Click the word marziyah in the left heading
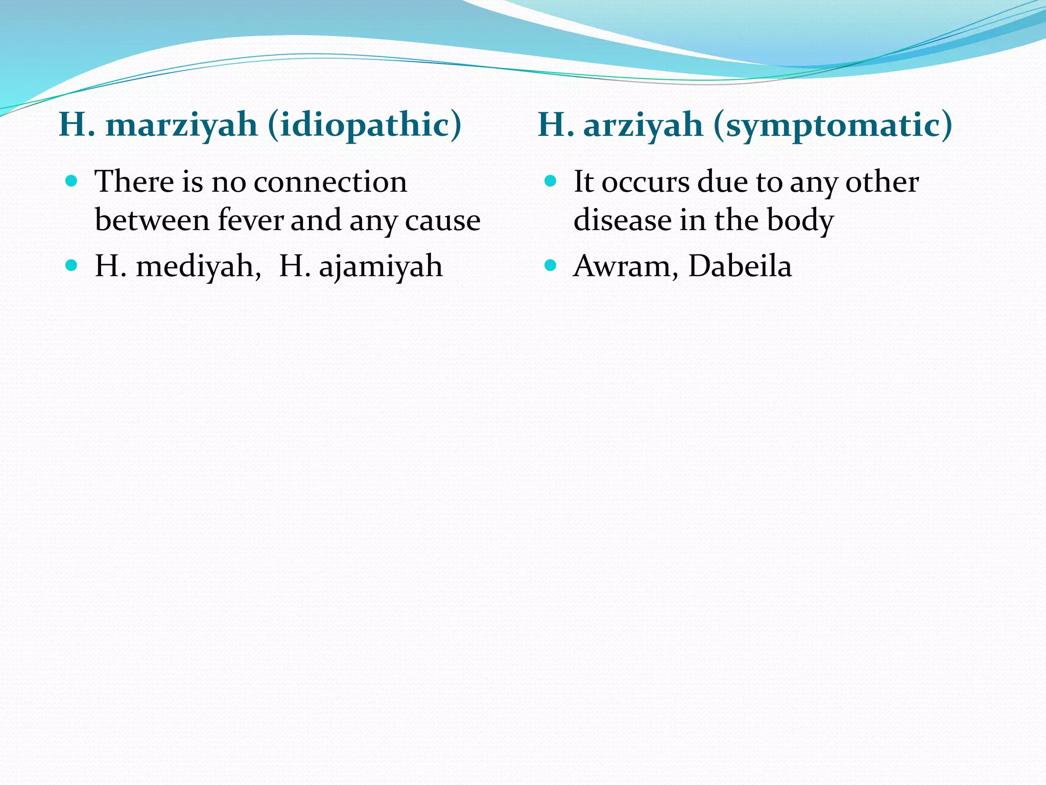click(x=181, y=125)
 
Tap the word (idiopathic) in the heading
click(x=365, y=125)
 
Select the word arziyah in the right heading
click(x=643, y=125)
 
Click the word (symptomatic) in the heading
click(x=833, y=125)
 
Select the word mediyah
click(x=199, y=267)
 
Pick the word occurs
click(x=645, y=183)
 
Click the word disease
click(x=622, y=221)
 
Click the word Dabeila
click(x=740, y=267)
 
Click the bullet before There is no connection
click(x=72, y=181)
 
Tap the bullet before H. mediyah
click(x=72, y=265)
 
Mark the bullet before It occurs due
click(x=550, y=181)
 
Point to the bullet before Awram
click(x=550, y=265)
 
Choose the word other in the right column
click(x=882, y=182)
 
